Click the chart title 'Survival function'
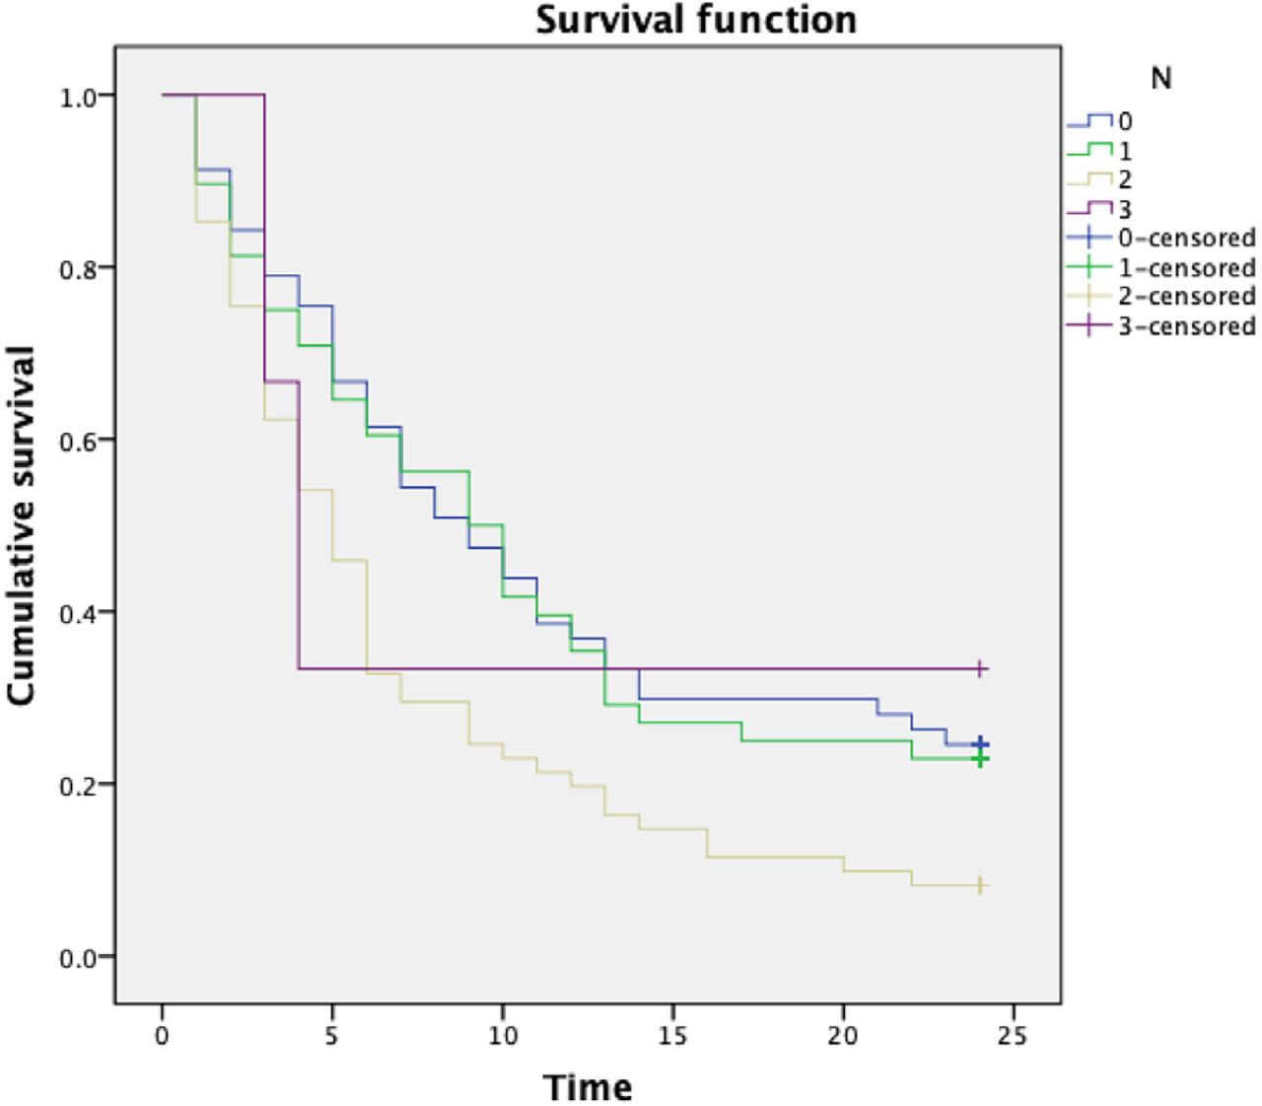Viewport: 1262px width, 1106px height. point(696,20)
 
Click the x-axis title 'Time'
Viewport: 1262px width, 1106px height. point(589,1087)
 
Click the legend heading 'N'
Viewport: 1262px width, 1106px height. point(1161,79)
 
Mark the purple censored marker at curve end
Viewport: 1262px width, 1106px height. point(980,668)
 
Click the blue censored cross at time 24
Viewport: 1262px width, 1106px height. point(980,744)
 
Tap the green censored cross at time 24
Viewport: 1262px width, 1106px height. point(980,759)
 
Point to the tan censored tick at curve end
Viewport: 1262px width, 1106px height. point(980,885)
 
